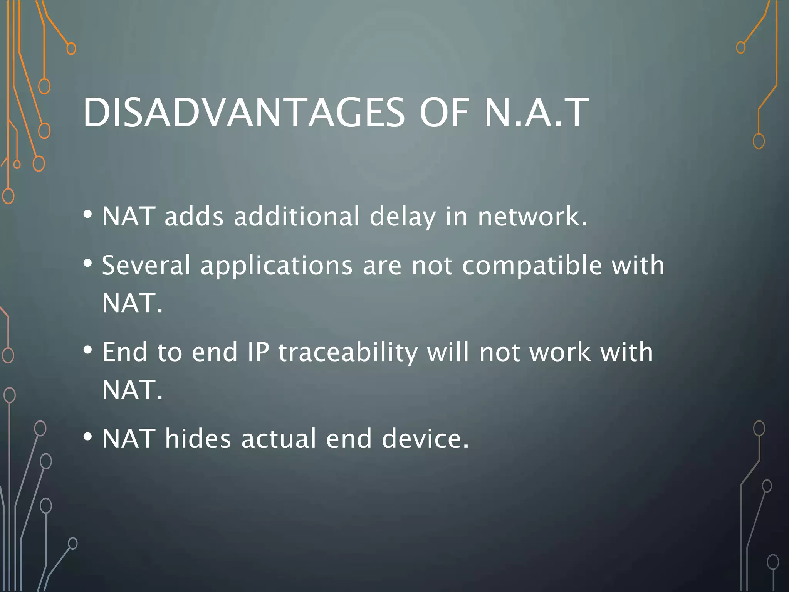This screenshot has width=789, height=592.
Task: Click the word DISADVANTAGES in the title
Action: (243, 113)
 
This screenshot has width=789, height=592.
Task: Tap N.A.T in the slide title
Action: (536, 113)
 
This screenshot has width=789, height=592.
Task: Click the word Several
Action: (146, 266)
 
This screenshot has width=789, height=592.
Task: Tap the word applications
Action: (276, 266)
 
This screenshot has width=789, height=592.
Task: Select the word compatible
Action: (532, 266)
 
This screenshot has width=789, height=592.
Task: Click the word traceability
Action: (348, 353)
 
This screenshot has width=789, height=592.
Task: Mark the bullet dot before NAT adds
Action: (88, 214)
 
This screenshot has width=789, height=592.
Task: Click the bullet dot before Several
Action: (88, 264)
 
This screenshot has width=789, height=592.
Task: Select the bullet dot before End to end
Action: (88, 350)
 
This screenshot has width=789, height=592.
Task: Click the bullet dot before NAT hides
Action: (88, 437)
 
